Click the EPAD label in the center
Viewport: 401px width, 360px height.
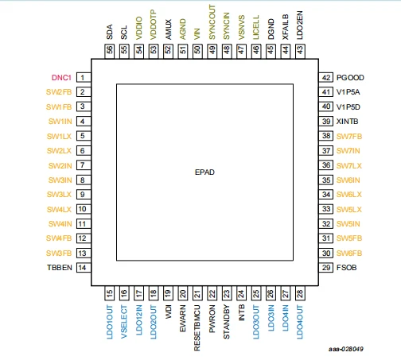point(204,172)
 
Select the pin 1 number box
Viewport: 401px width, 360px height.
point(84,77)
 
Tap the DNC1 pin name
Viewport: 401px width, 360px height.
point(61,78)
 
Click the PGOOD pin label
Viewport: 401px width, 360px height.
point(350,78)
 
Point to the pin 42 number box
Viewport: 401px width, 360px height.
point(326,77)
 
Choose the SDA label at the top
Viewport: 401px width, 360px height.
point(110,32)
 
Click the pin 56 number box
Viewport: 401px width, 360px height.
point(110,51)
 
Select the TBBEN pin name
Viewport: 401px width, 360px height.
point(60,268)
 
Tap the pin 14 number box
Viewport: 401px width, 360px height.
point(84,268)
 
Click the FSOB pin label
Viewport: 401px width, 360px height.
point(346,268)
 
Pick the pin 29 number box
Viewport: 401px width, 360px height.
point(326,268)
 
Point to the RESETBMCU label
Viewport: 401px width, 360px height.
point(197,328)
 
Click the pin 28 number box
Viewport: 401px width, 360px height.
point(300,293)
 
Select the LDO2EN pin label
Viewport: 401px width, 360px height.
point(300,25)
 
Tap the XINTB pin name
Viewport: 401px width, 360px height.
point(347,122)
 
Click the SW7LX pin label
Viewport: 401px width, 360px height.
point(349,166)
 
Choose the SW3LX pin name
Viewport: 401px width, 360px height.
point(59,195)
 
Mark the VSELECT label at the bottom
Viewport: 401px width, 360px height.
point(124,322)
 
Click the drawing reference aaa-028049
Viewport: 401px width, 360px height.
point(346,349)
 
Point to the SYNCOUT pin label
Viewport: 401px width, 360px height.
point(212,22)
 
